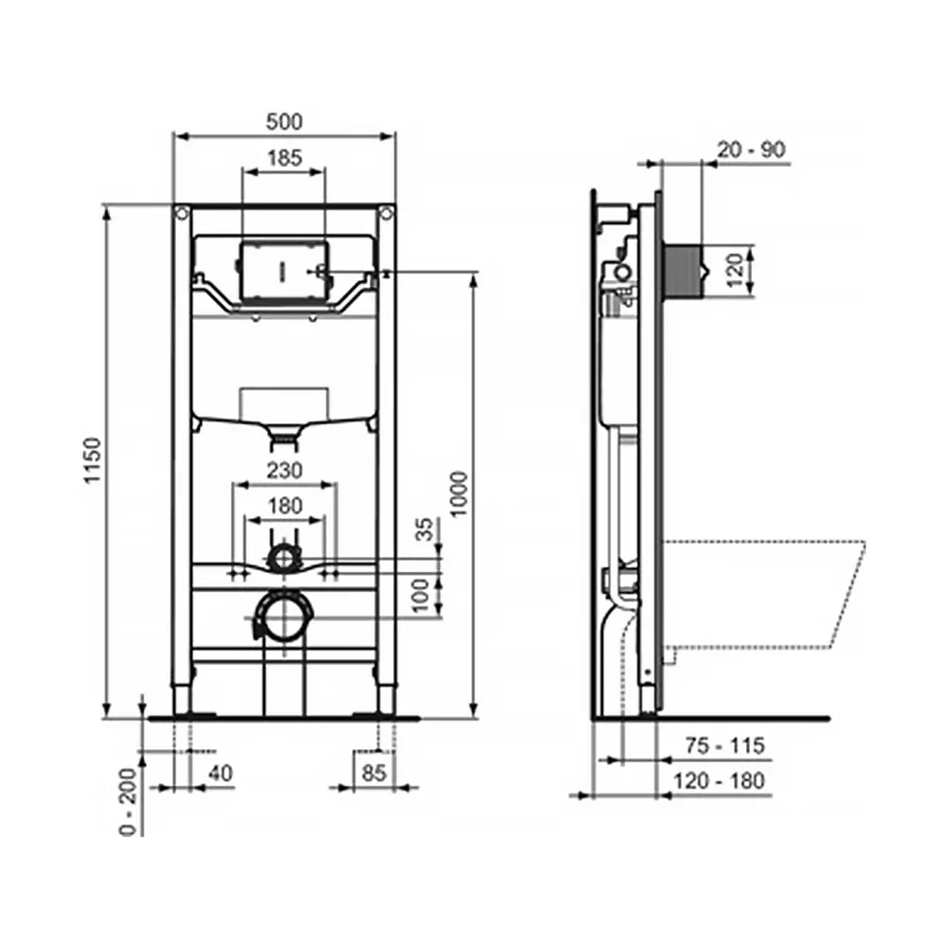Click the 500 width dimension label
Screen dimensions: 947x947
[284, 122]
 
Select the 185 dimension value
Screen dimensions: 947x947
[284, 158]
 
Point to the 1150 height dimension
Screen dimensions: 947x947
[92, 461]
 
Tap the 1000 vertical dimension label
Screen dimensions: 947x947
[458, 492]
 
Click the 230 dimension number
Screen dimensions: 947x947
[284, 471]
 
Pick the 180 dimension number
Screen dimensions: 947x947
[284, 507]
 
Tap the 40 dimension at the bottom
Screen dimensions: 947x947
[219, 773]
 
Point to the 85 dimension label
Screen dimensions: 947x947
[374, 773]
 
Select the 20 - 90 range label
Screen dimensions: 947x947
[751, 150]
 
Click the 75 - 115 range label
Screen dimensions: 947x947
[725, 746]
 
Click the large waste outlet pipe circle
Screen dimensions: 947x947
[283, 616]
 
